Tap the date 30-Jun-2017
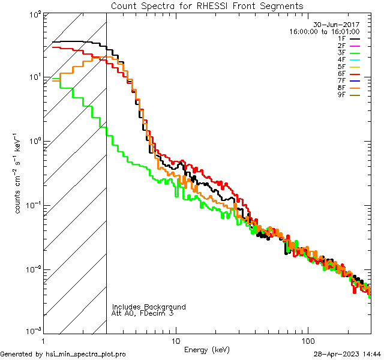click(337, 25)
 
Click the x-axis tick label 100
click(307, 340)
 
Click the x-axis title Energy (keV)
click(207, 349)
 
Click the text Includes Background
click(149, 307)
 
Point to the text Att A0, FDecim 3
click(143, 313)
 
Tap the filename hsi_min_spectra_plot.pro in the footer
click(86, 355)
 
